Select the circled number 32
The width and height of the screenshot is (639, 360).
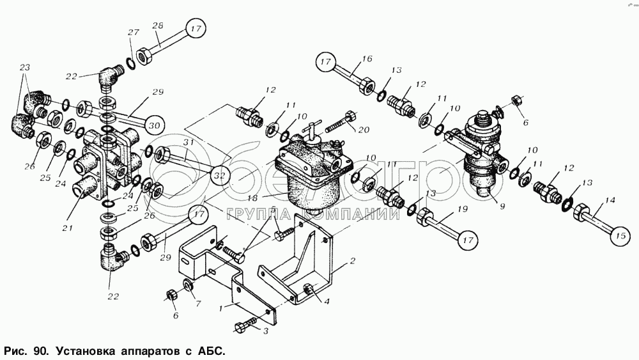[x=220, y=176]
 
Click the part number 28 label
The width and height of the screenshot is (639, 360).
[x=158, y=26]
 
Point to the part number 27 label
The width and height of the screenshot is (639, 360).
[x=134, y=33]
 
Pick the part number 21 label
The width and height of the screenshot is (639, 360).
[x=67, y=228]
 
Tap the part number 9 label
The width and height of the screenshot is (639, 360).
[x=502, y=207]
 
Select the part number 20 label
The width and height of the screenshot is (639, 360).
[x=364, y=130]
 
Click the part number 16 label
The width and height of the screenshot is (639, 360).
[x=367, y=59]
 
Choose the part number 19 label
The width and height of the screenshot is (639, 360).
[x=462, y=210]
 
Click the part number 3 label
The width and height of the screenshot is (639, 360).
[x=266, y=331]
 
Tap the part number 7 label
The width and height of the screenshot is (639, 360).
[x=199, y=304]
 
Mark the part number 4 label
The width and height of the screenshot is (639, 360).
[x=327, y=302]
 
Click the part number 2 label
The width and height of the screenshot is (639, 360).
[x=353, y=260]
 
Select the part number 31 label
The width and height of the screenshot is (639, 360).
[x=188, y=143]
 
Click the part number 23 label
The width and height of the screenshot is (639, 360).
[x=25, y=67]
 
